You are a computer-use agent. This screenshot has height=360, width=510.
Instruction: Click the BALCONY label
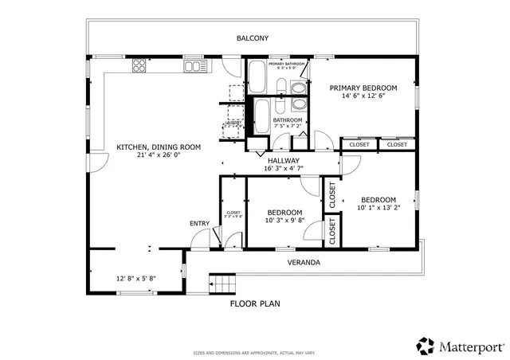pyautogui.click(x=253, y=38)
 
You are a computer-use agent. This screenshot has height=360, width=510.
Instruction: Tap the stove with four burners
pyautogui.click(x=139, y=65)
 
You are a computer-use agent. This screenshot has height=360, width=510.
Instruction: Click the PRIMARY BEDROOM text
pyautogui.click(x=363, y=88)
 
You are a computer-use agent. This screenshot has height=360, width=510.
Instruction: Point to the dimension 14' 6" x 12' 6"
pyautogui.click(x=363, y=96)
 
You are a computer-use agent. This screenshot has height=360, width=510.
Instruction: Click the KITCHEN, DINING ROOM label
pyautogui.click(x=159, y=147)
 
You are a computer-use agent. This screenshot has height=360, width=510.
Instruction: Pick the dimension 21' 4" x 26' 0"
pyautogui.click(x=159, y=156)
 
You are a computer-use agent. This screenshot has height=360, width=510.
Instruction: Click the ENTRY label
pyautogui.click(x=199, y=223)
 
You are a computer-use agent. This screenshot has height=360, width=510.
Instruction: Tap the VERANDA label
pyautogui.click(x=304, y=262)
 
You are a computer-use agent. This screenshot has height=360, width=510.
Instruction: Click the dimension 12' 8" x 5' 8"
pyautogui.click(x=135, y=279)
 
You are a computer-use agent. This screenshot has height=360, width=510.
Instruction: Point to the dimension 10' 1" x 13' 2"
pyautogui.click(x=378, y=209)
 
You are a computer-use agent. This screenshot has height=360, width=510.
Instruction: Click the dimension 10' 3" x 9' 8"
pyautogui.click(x=284, y=221)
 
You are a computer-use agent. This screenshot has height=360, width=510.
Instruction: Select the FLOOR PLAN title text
pyautogui.click(x=255, y=303)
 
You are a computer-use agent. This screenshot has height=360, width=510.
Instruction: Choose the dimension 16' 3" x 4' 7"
pyautogui.click(x=283, y=169)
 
